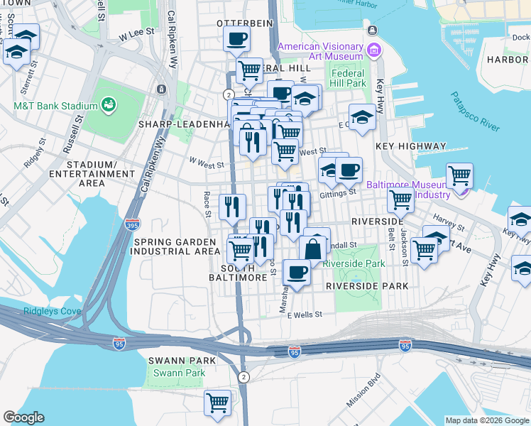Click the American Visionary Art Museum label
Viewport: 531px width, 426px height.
click(x=319, y=52)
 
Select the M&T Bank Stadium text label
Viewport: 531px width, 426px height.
click(x=55, y=106)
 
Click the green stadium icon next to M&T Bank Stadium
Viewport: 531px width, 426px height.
click(x=109, y=106)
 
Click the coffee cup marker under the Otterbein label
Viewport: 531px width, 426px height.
click(x=237, y=38)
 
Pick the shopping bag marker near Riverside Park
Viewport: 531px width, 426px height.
click(x=312, y=248)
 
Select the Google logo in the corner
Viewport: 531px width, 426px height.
click(x=23, y=417)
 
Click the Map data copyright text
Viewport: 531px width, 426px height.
click(x=486, y=420)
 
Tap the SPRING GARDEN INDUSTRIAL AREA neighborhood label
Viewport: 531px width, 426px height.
click(x=177, y=246)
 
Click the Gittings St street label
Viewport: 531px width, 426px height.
click(x=338, y=192)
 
